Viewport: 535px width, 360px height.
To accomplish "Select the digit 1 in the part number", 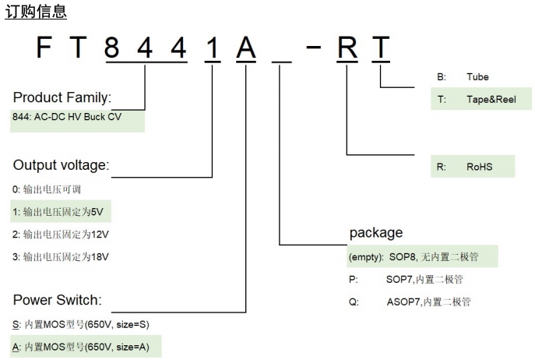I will coord(212,51).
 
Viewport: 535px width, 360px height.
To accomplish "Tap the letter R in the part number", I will coord(347,51).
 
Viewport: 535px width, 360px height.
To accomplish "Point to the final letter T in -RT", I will coord(381,51).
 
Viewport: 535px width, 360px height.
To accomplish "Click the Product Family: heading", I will coord(62,98).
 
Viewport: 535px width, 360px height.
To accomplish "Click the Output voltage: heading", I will coord(61,165).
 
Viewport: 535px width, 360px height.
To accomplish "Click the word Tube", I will coord(478,77).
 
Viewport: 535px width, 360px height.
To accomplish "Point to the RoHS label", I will coord(479,166).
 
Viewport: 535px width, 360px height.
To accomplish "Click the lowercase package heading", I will coord(376,232).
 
